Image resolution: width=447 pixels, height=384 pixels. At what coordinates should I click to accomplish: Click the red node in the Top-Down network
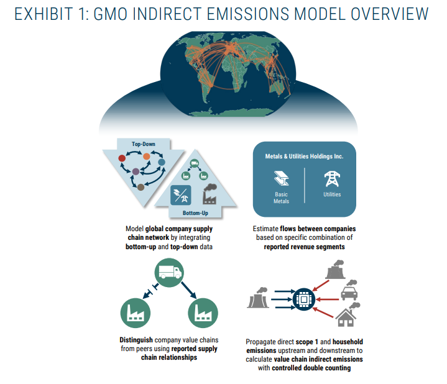coord(122,158)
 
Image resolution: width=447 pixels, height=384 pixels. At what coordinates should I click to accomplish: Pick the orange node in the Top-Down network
coord(146,156)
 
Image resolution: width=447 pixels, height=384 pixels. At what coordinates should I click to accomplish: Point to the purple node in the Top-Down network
coord(136,171)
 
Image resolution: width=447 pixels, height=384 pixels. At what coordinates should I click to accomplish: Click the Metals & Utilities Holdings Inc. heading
coord(305,156)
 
